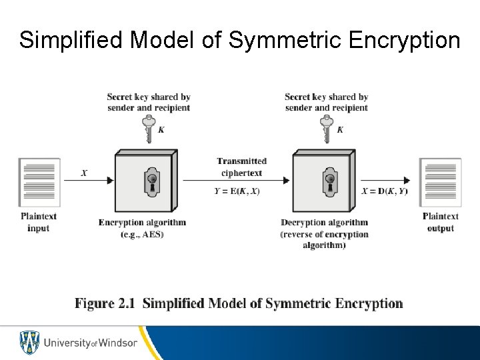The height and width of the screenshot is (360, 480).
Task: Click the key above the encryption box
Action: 148,129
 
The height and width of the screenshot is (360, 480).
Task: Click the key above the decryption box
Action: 326,129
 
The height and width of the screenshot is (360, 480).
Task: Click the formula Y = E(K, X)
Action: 237,191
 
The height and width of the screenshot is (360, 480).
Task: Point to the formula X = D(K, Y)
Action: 385,191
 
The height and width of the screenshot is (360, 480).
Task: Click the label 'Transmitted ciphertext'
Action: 241,167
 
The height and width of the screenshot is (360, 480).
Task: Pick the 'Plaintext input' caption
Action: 39,222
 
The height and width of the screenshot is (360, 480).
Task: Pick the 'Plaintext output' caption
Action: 439,222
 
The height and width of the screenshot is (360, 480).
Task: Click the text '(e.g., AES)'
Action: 141,234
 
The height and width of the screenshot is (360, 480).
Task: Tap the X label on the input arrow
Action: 84,173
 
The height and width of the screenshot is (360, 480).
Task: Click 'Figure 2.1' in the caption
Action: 105,304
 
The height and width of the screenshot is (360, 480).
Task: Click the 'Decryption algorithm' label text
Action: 324,223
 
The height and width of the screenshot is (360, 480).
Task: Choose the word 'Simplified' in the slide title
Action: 71,40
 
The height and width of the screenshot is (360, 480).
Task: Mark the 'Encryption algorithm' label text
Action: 142,223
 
